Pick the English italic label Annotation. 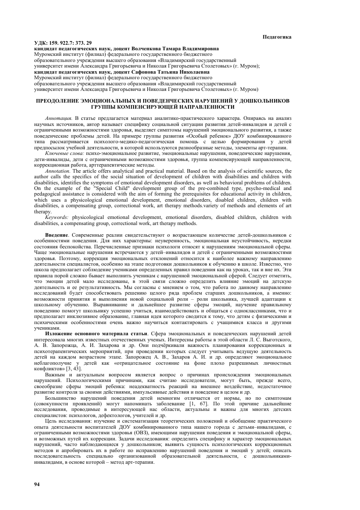coord(60,172)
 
